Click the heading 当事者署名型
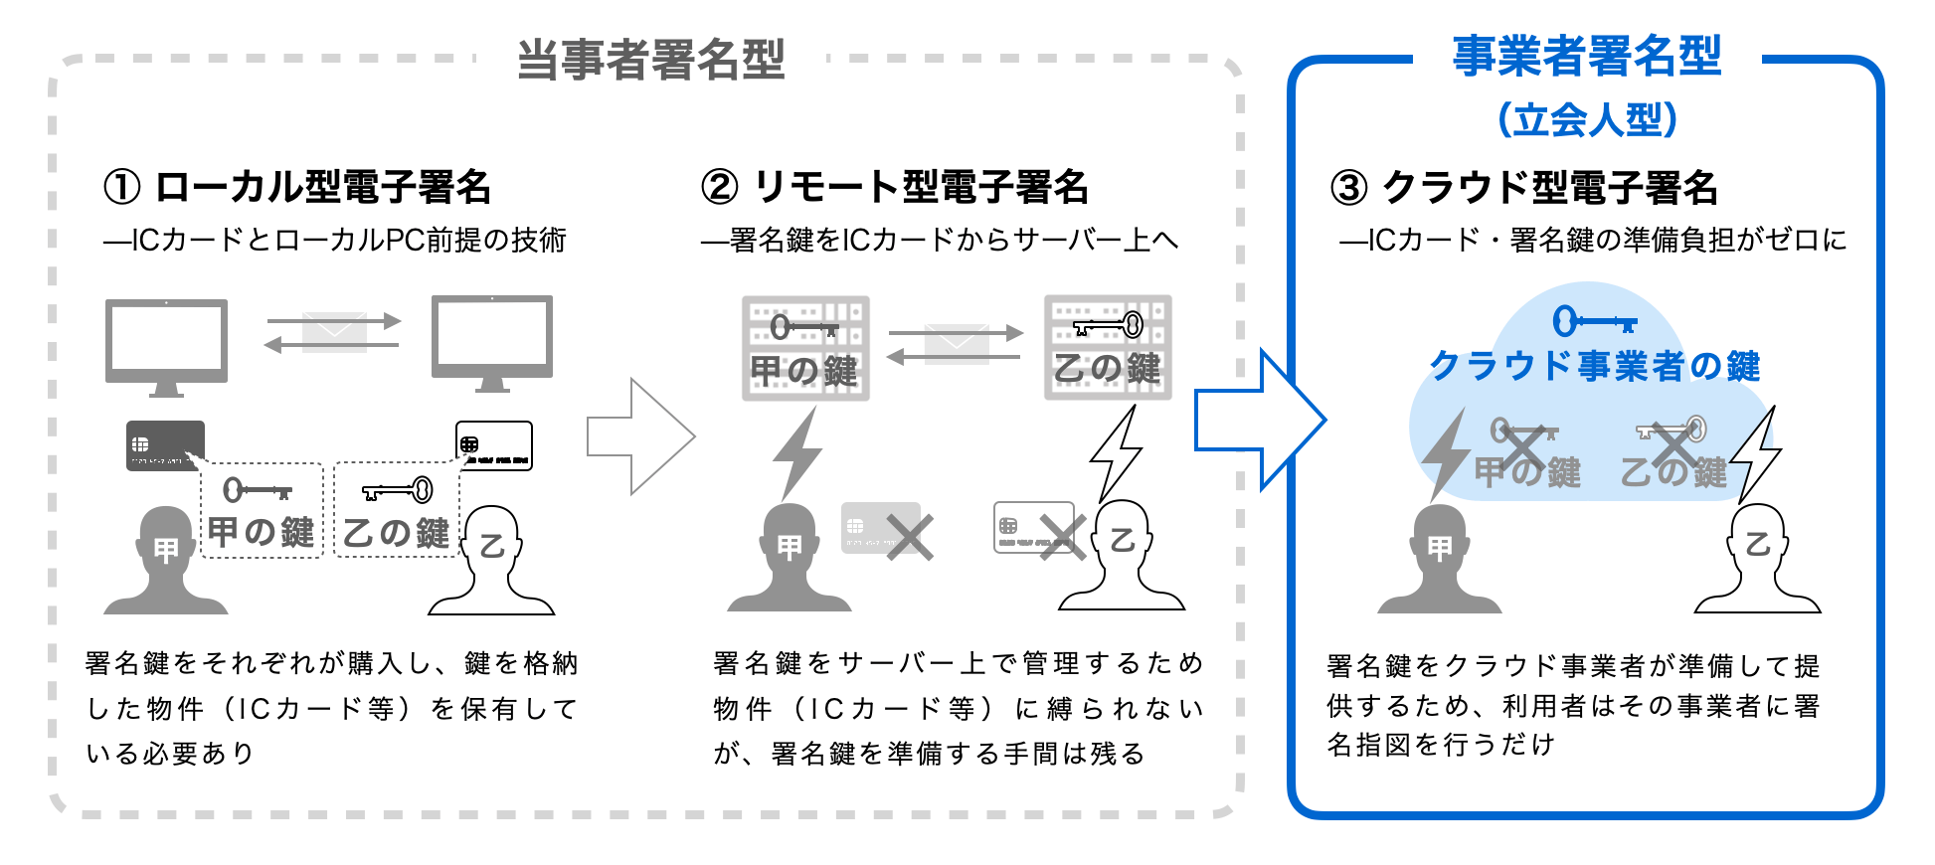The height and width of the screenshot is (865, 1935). tap(651, 59)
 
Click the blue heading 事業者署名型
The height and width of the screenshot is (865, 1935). tap(1586, 56)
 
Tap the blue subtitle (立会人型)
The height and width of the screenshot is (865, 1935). tap(1587, 119)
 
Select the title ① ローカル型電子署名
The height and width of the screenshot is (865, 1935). tap(297, 187)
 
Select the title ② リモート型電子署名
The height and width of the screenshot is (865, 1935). tap(895, 187)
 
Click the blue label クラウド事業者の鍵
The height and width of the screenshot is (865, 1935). tap(1594, 366)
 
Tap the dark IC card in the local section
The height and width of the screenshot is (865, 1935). tap(165, 444)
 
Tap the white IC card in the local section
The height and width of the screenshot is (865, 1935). tap(493, 444)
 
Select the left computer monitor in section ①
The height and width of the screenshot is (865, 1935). tap(166, 344)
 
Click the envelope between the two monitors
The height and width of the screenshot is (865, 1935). tap(334, 332)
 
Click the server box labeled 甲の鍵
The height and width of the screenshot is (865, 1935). tap(805, 348)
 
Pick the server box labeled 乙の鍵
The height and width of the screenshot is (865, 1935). tap(1108, 347)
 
